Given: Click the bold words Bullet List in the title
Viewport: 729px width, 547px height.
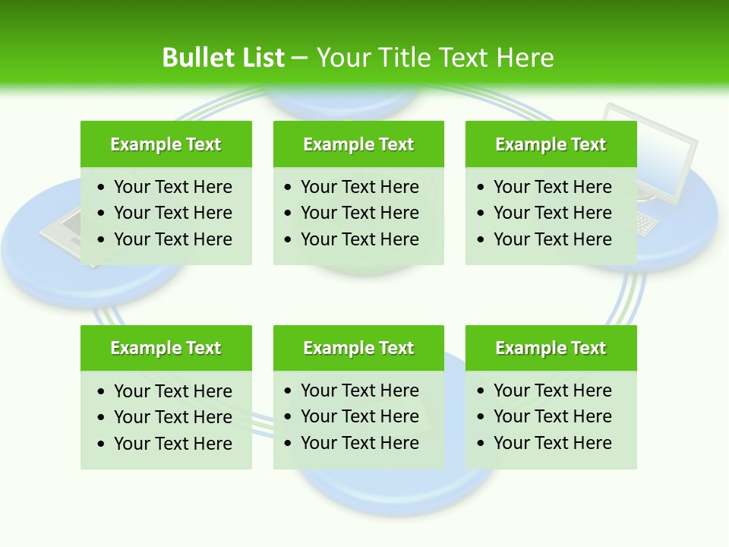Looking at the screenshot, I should point(223,58).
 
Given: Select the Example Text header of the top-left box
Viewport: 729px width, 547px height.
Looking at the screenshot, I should point(166,144).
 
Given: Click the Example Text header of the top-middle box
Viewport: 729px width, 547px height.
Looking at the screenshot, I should point(358,144).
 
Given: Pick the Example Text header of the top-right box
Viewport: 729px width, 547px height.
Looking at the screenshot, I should point(551,144).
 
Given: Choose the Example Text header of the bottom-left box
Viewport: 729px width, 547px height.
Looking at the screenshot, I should point(166,348).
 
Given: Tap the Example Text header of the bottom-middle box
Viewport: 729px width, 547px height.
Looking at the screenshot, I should point(358,348).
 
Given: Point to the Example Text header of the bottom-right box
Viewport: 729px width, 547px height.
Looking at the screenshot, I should point(551,348).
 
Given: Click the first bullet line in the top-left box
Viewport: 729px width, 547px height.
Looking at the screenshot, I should point(172,187).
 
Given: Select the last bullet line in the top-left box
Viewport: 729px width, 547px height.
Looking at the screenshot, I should point(172,239).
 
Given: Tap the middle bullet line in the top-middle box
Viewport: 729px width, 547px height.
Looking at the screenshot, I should point(359,213).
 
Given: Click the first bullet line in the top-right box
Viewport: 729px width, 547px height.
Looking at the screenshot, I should point(552,187).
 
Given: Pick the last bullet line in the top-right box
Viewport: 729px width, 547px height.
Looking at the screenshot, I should point(552,239).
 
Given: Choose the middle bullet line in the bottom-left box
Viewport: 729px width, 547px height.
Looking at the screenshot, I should point(172,417).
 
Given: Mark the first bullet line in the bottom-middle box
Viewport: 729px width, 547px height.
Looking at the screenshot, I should point(359,390).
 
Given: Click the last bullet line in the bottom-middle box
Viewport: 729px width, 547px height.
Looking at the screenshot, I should point(359,443).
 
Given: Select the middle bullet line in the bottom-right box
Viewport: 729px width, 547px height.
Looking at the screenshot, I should point(552,416).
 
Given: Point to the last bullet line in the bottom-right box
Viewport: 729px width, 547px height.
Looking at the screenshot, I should point(552,443).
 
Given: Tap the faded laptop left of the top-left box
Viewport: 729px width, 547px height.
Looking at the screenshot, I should point(61,232).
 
